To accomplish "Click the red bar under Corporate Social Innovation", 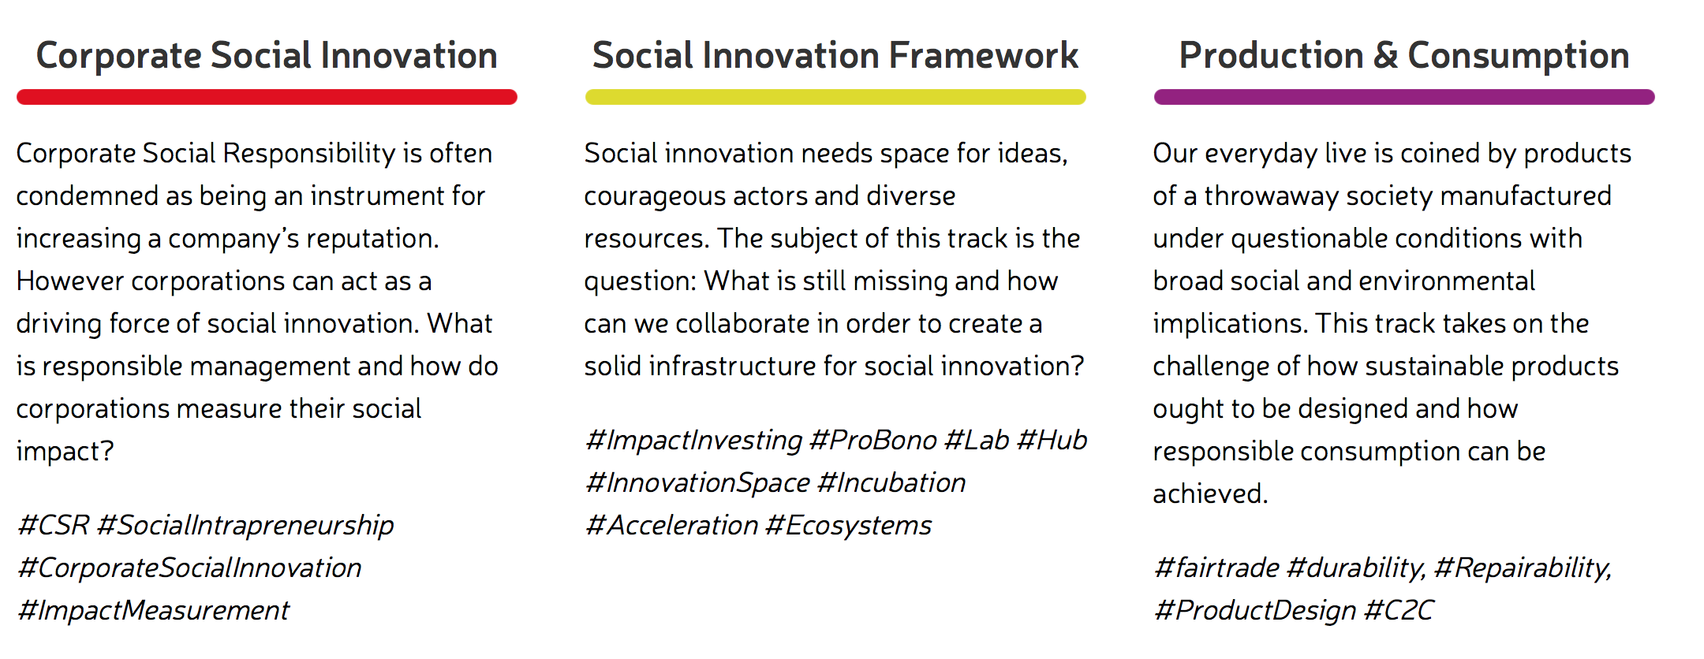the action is point(267,97).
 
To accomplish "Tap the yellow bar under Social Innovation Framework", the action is point(835,97).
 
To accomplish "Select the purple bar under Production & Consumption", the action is point(1404,97).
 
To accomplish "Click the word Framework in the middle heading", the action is point(984,56).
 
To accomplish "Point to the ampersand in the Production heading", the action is point(1386,56).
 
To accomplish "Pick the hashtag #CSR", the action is point(54,525).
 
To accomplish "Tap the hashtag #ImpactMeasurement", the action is point(154,610).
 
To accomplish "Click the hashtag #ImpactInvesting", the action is point(694,441).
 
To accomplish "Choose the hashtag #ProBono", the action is point(873,440).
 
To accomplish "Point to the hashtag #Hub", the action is point(1052,440).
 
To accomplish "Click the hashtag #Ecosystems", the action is point(849,526).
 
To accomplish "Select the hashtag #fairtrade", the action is point(1216,568).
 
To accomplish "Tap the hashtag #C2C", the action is point(1399,610).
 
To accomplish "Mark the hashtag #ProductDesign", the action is point(1255,611).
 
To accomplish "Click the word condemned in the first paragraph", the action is point(88,195).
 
